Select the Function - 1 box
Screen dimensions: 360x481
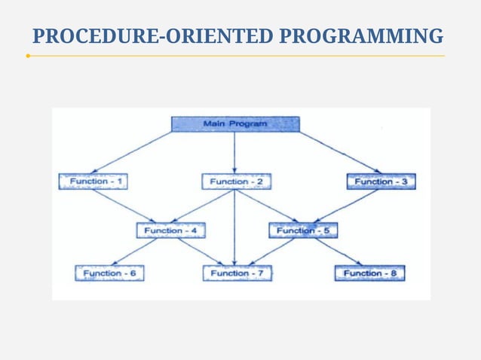coord(93,182)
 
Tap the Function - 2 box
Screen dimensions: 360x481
coord(236,182)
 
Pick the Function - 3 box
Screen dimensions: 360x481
coord(381,182)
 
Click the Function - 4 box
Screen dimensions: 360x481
coord(170,230)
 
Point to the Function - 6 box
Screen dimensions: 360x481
coord(109,273)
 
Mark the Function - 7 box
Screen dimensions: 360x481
coord(237,273)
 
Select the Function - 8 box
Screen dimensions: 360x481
coord(369,273)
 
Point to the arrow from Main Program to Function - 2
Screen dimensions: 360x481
coord(235,153)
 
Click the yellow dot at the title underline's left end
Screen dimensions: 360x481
coord(28,56)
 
